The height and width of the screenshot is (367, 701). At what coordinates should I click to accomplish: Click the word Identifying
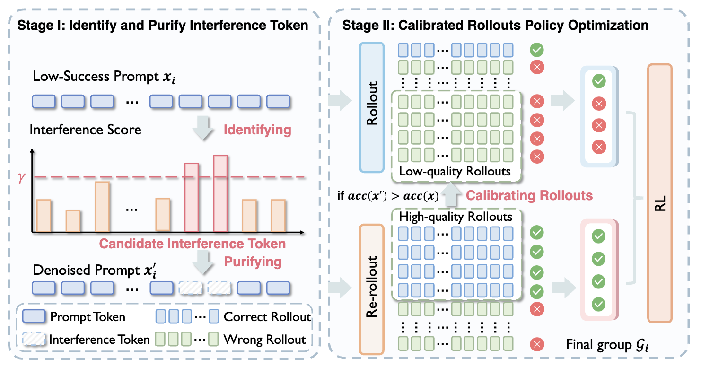coord(257,130)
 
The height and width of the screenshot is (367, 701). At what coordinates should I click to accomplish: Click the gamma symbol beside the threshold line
coord(21,178)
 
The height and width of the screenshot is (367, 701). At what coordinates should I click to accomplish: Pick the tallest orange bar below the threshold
coord(102,207)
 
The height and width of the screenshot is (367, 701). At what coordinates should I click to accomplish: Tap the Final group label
coord(607,344)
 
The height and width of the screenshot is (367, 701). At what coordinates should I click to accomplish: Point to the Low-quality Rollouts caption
coord(455,171)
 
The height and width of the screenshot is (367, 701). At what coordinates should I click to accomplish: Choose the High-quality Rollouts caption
coord(456,217)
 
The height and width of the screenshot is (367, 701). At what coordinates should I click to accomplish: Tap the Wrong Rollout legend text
coord(265,339)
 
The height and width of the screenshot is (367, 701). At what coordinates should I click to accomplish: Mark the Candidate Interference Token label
coord(192,244)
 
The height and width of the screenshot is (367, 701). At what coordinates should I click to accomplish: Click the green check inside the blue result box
coord(599,81)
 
